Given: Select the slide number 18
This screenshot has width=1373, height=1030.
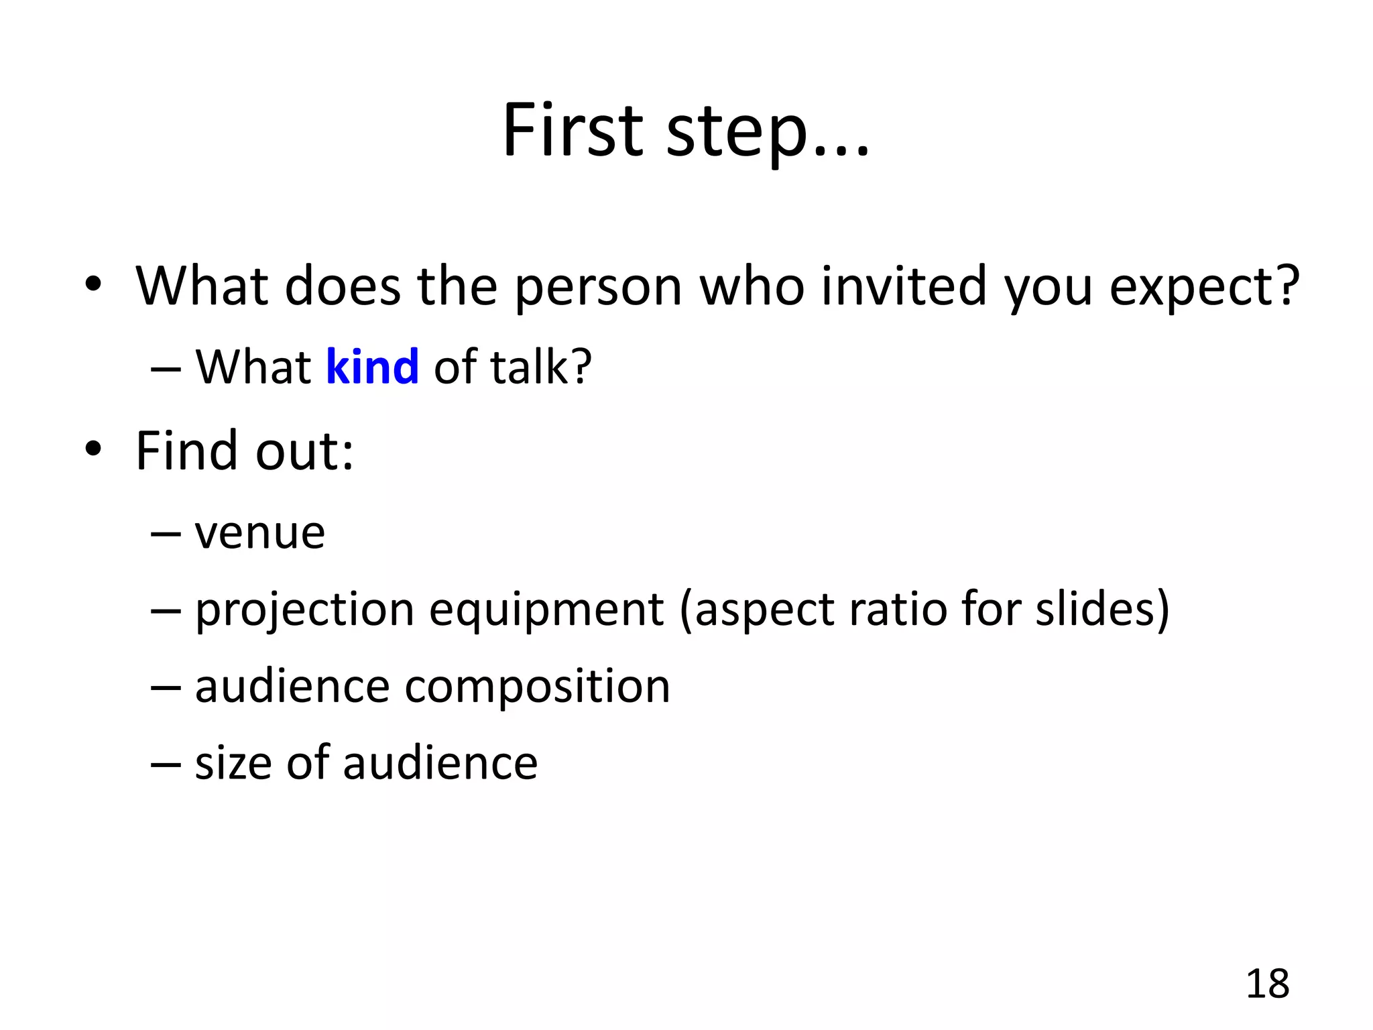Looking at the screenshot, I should click(1267, 984).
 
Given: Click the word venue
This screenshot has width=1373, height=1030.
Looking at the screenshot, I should click(260, 534).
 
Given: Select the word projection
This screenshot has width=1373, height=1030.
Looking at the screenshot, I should click(305, 612).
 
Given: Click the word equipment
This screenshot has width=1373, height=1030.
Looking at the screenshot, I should click(546, 612).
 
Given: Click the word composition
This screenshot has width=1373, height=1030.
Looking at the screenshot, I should click(537, 688).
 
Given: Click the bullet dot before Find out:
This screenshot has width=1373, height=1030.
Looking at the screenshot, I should click(93, 449).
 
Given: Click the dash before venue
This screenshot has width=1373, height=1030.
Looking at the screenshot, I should click(166, 534).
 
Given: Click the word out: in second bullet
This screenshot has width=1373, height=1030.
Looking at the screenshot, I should click(304, 451).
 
